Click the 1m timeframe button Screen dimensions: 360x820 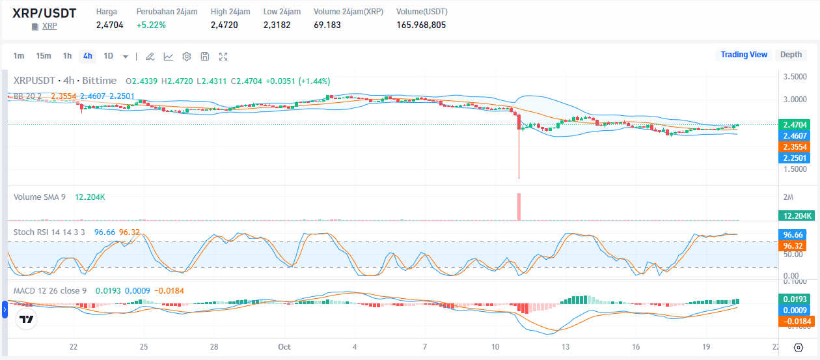pyautogui.click(x=19, y=56)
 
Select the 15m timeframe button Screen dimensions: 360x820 pyautogui.click(x=44, y=56)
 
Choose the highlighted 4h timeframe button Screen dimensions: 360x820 pyautogui.click(x=87, y=56)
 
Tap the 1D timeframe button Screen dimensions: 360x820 pyautogui.click(x=108, y=56)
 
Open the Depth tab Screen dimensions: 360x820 pyautogui.click(x=791, y=55)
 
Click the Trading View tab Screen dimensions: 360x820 pyautogui.click(x=744, y=55)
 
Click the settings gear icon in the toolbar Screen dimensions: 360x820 pyautogui.click(x=187, y=57)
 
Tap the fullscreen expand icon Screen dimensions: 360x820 pyautogui.click(x=223, y=57)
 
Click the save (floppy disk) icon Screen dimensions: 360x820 pyautogui.click(x=205, y=57)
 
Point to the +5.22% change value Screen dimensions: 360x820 pyautogui.click(x=151, y=25)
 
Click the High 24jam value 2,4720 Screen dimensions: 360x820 pyautogui.click(x=224, y=25)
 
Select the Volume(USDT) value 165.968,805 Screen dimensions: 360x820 pyautogui.click(x=421, y=25)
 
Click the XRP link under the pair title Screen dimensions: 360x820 pyautogui.click(x=49, y=26)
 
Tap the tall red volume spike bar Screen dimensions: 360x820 pyautogui.click(x=519, y=206)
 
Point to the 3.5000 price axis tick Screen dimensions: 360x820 pyautogui.click(x=795, y=77)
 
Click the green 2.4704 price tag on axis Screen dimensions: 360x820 pyautogui.click(x=795, y=124)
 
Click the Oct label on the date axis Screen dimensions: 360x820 pyautogui.click(x=284, y=346)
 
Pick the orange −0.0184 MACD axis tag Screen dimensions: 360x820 pyautogui.click(x=795, y=322)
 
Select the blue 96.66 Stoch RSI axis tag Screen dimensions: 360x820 pyautogui.click(x=795, y=234)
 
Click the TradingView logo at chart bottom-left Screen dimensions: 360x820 pyautogui.click(x=27, y=320)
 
